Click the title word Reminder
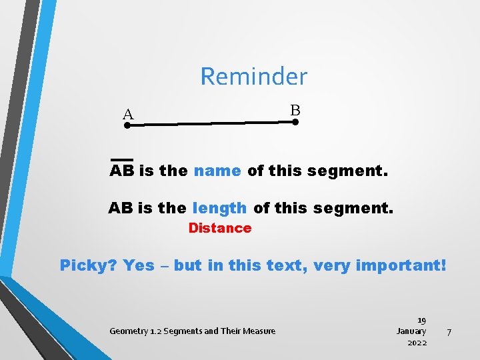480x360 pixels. pyautogui.click(x=253, y=77)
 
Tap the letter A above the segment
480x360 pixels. pyautogui.click(x=128, y=115)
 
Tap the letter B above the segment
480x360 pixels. pyautogui.click(x=295, y=110)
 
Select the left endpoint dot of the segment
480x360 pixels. pyautogui.click(x=127, y=124)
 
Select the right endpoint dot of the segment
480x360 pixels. pyautogui.click(x=295, y=122)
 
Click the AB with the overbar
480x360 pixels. pyautogui.click(x=122, y=171)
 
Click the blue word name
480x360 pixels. pyautogui.click(x=217, y=171)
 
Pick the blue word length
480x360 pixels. pyautogui.click(x=219, y=209)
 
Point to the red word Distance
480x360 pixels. pyautogui.click(x=220, y=228)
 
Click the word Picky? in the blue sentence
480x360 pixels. pyautogui.click(x=88, y=265)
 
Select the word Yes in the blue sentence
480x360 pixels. pyautogui.click(x=139, y=265)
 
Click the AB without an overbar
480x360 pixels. pyautogui.click(x=121, y=209)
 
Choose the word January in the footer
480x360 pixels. pyautogui.click(x=411, y=331)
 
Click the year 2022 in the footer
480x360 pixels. pyautogui.click(x=417, y=343)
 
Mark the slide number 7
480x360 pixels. pyautogui.click(x=449, y=331)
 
